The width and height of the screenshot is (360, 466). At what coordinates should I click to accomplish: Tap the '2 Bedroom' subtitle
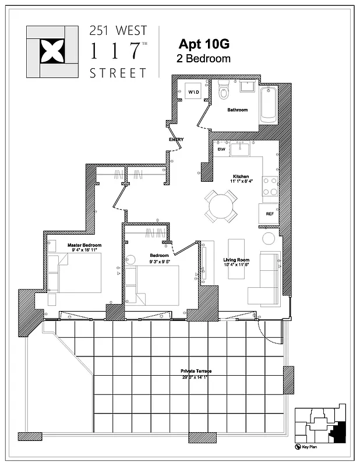[203, 58]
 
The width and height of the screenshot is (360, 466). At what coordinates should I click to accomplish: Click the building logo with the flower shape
[51, 52]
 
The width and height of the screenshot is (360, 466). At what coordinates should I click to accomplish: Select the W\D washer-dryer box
[193, 92]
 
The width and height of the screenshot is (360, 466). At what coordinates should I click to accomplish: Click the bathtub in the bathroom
[269, 105]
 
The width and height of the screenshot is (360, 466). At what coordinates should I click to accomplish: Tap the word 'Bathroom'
[237, 110]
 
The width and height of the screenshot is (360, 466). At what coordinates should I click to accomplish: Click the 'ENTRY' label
[176, 139]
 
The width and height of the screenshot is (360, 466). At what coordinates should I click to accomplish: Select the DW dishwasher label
[221, 150]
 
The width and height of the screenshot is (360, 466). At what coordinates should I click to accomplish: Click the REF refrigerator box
[270, 214]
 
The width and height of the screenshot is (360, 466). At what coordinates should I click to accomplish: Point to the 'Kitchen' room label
[241, 176]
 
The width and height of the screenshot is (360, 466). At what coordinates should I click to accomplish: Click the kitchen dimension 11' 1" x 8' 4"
[241, 182]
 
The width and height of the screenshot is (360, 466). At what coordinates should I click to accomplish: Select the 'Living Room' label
[237, 260]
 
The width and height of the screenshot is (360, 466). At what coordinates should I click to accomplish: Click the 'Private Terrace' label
[196, 371]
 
